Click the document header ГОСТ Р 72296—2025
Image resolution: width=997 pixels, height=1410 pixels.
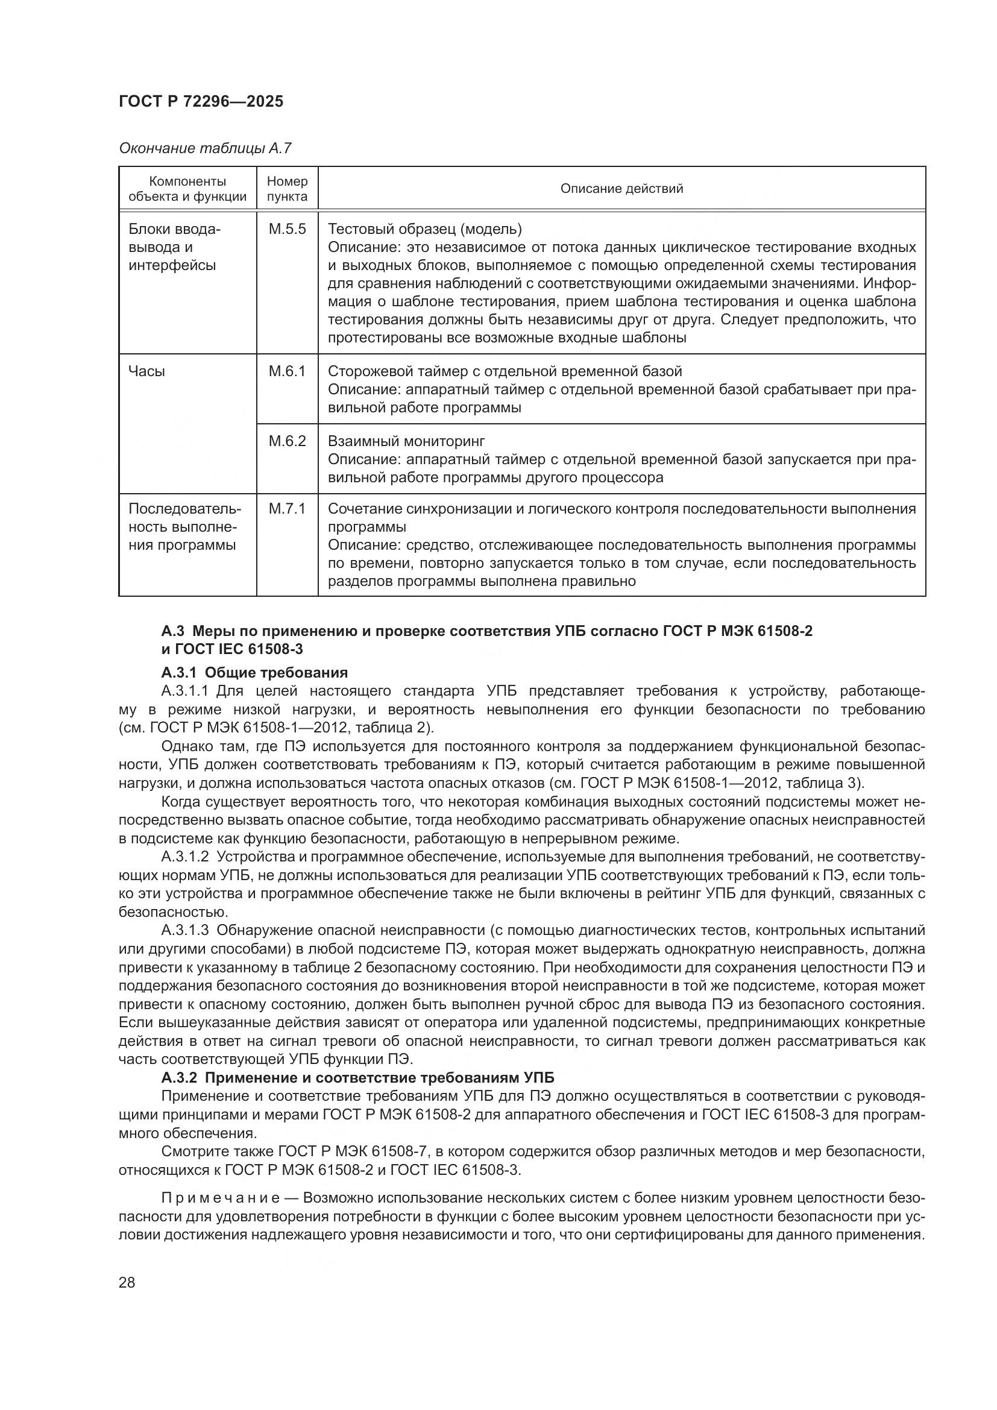click(x=201, y=101)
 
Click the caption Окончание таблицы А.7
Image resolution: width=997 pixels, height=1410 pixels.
click(x=205, y=148)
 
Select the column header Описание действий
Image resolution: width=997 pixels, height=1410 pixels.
click(x=621, y=189)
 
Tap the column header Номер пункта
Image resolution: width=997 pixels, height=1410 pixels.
click(x=287, y=189)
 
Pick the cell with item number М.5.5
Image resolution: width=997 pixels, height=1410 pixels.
click(x=287, y=229)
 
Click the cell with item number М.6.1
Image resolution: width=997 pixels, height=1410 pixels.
click(x=287, y=371)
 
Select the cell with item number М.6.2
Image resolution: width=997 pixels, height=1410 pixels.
click(x=287, y=441)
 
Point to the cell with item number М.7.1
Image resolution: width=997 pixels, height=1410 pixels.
click(x=287, y=509)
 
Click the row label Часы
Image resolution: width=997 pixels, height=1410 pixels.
click(x=146, y=371)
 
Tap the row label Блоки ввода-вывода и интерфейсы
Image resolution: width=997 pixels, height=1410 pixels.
click(x=174, y=247)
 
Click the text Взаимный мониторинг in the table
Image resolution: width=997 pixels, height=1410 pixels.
click(x=406, y=441)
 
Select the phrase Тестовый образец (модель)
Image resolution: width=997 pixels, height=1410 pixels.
click(x=424, y=229)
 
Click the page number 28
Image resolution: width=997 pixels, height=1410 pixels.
click(x=127, y=1282)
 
